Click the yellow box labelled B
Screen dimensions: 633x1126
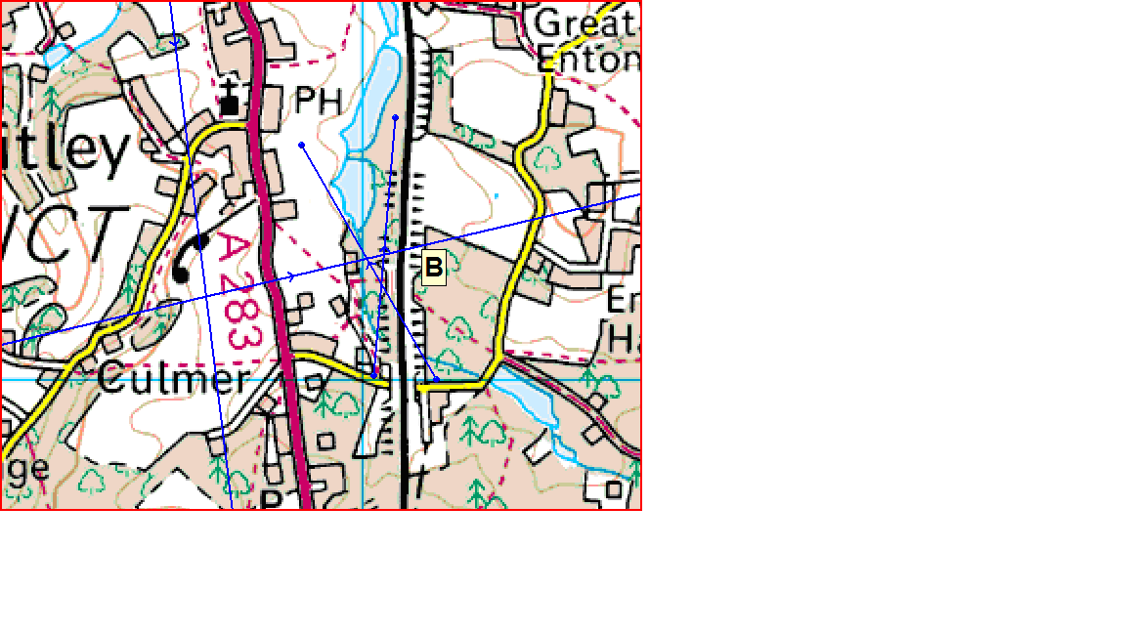pyautogui.click(x=433, y=267)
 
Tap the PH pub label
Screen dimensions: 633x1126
pyautogui.click(x=319, y=100)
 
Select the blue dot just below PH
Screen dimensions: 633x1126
pyautogui.click(x=302, y=146)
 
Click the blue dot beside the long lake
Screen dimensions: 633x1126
pyautogui.click(x=395, y=118)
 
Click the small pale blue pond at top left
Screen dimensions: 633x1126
pyautogui.click(x=56, y=54)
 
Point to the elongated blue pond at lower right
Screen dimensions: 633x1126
pyautogui.click(x=528, y=401)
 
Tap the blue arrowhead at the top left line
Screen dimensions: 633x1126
pyautogui.click(x=175, y=43)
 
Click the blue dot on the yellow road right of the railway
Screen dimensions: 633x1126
pyautogui.click(x=436, y=379)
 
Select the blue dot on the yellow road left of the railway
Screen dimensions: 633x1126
pyautogui.click(x=374, y=374)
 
